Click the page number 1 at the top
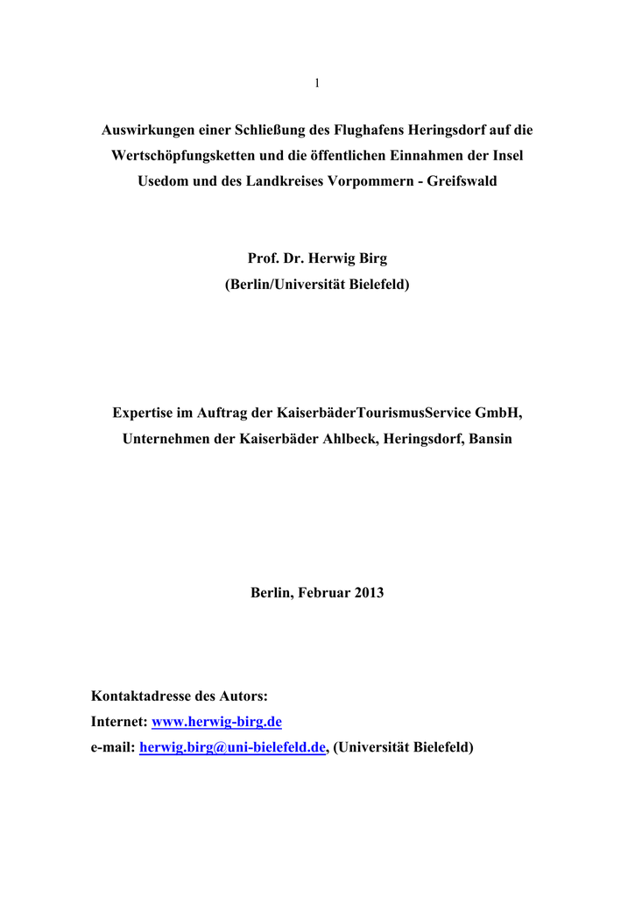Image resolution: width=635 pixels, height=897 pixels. (317, 83)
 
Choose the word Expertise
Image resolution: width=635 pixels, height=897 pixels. (146, 413)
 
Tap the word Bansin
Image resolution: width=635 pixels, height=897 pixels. (490, 439)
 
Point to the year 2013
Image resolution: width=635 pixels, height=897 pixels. (369, 593)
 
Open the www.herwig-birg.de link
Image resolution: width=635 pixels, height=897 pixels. (217, 722)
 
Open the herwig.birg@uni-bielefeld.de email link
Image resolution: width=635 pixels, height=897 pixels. (233, 747)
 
